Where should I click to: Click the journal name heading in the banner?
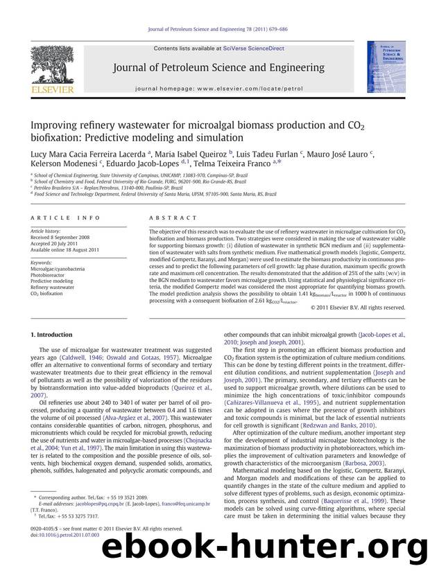(x=215, y=68)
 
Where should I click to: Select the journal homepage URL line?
(x=214, y=89)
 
